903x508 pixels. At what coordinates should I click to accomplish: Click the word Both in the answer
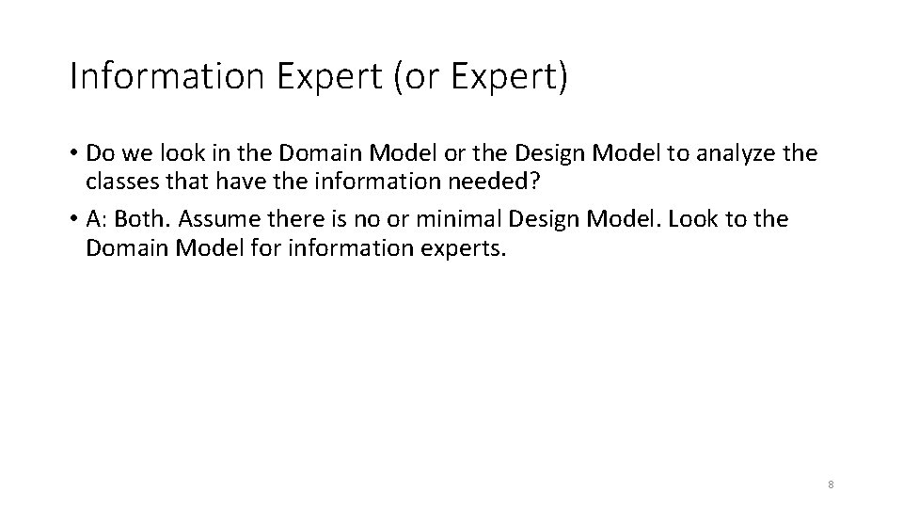click(x=141, y=219)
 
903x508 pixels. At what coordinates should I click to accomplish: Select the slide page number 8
click(x=831, y=484)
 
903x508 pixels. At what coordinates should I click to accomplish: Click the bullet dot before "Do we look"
click(x=72, y=153)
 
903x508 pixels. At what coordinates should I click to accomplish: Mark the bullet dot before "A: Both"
click(x=72, y=220)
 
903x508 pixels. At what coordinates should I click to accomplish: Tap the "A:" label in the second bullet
click(x=97, y=219)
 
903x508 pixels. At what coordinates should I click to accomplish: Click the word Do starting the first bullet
click(x=98, y=152)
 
